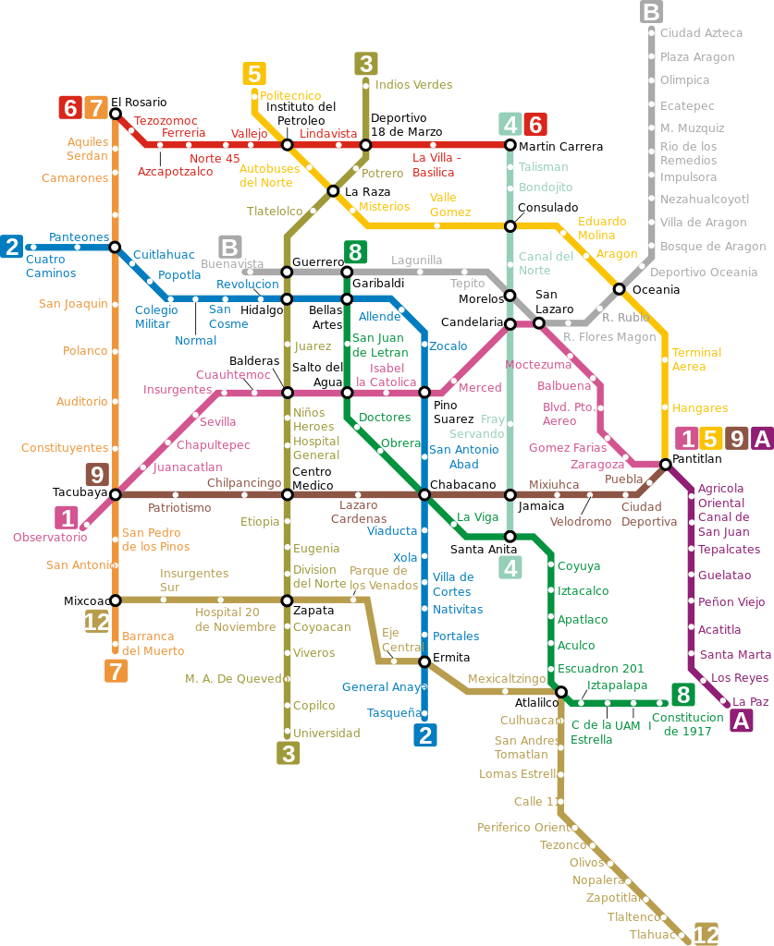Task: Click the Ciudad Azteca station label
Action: tap(701, 33)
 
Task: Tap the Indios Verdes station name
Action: tap(413, 85)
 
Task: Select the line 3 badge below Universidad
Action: tap(289, 754)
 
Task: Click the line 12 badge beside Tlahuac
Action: tap(706, 935)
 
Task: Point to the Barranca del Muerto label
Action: tap(154, 643)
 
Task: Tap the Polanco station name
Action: tap(85, 351)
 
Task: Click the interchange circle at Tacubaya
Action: tap(116, 494)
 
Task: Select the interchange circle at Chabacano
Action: tap(424, 494)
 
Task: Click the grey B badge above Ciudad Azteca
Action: tap(651, 12)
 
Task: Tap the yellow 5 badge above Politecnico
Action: tap(253, 74)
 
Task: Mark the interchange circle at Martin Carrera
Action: tap(510, 145)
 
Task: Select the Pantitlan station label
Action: tap(696, 458)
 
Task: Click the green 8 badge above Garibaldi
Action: tap(354, 251)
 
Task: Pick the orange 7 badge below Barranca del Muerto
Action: tap(116, 672)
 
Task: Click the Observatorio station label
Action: tap(50, 538)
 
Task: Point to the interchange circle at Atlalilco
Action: tap(560, 691)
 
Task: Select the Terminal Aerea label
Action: tap(696, 359)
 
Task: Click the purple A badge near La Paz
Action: tap(740, 722)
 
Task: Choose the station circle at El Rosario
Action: tap(116, 114)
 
